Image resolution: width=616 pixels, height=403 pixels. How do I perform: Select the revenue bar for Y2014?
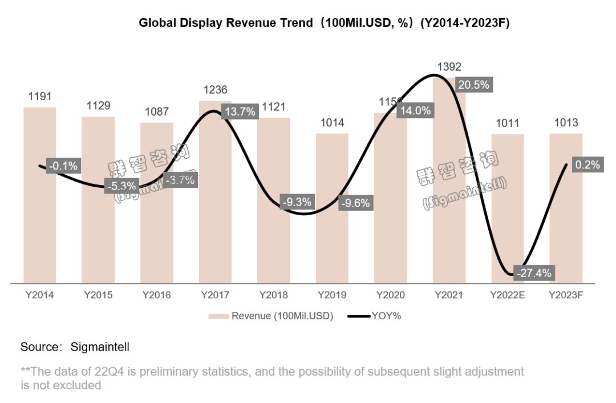pyautogui.click(x=40, y=228)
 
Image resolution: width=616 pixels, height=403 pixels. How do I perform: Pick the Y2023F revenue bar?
pyautogui.click(x=566, y=228)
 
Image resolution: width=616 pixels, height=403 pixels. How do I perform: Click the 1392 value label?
pyautogui.click(x=449, y=67)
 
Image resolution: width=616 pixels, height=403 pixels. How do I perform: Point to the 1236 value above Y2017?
pyautogui.click(x=215, y=90)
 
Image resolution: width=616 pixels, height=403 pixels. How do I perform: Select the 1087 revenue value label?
pyautogui.click(x=157, y=112)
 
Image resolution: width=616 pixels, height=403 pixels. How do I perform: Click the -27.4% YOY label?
pyautogui.click(x=534, y=273)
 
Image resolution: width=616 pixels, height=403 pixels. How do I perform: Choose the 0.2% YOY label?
pyautogui.click(x=587, y=165)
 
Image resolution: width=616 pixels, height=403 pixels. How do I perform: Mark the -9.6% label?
pyautogui.click(x=355, y=202)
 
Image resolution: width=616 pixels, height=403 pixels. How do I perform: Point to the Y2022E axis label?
pyautogui.click(x=508, y=295)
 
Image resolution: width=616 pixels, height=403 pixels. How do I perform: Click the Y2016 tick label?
pyautogui.click(x=157, y=295)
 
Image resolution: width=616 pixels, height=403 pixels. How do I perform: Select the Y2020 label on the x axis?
pyautogui.click(x=391, y=295)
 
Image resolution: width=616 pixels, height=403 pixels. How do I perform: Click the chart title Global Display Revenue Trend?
pyautogui.click(x=225, y=23)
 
